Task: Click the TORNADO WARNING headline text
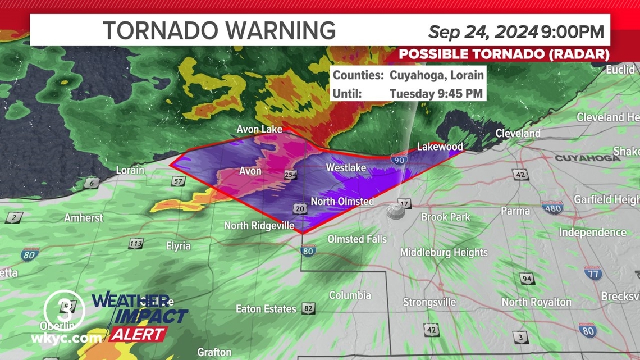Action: click(x=219, y=30)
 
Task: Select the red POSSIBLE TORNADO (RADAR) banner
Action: click(x=504, y=54)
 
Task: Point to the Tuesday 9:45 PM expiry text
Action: click(x=436, y=93)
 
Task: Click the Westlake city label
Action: click(x=346, y=168)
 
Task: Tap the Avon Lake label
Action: click(x=259, y=129)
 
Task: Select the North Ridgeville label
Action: click(x=259, y=225)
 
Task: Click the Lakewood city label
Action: click(x=440, y=147)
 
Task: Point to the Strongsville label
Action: click(x=429, y=302)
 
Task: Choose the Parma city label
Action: click(x=515, y=211)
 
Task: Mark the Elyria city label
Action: click(x=178, y=246)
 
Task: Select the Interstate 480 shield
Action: click(x=552, y=207)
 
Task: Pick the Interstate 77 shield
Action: click(x=592, y=273)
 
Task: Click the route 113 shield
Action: click(x=135, y=244)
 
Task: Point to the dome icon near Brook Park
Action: click(x=395, y=212)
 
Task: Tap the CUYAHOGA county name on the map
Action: click(x=587, y=158)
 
